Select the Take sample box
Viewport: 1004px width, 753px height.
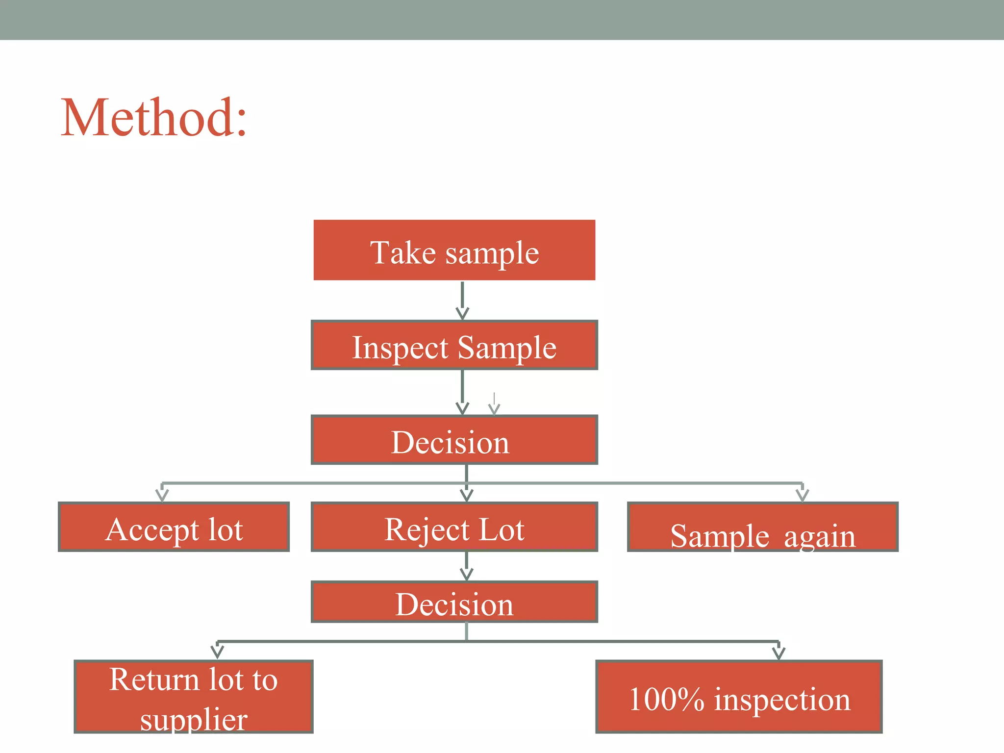(454, 251)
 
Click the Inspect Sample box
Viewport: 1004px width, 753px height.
(454, 346)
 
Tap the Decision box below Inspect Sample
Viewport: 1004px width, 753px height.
(454, 440)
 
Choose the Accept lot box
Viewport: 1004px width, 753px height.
(174, 527)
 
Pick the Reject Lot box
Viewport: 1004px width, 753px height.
(454, 527)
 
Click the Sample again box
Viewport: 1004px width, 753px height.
(762, 527)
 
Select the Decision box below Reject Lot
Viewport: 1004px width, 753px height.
(454, 602)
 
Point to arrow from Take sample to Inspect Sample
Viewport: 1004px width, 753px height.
(462, 300)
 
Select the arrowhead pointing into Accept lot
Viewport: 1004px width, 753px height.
(162, 494)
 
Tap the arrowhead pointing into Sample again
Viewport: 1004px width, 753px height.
(802, 494)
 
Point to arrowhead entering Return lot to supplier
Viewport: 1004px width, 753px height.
(217, 652)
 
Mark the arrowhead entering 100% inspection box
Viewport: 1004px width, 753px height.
(778, 653)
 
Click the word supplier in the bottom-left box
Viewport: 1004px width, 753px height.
(193, 719)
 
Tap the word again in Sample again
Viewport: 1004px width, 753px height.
(820, 536)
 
